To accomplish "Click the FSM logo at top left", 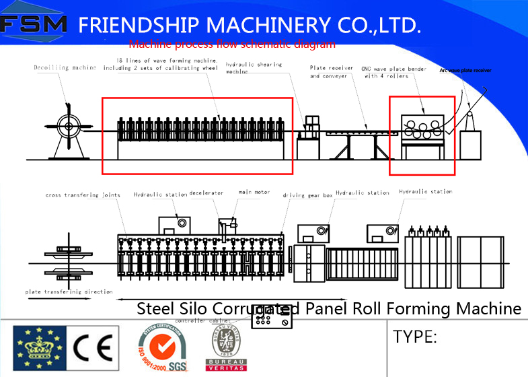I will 34,25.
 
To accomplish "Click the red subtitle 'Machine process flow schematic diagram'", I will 231,45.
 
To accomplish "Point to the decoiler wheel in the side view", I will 68,125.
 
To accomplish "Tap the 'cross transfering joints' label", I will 83,195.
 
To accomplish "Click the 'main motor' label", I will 254,193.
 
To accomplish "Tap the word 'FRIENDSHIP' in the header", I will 141,26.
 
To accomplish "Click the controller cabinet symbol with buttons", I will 272,320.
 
